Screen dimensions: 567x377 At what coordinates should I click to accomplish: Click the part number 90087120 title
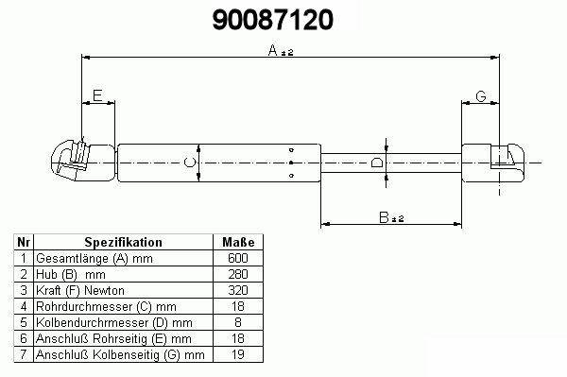coord(272,20)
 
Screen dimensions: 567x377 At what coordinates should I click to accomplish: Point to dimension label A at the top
coord(273,50)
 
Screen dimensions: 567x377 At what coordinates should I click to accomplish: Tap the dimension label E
coord(97,95)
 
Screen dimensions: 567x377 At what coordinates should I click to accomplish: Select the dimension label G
coord(481,96)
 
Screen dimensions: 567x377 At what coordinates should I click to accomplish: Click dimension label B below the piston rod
coord(384,217)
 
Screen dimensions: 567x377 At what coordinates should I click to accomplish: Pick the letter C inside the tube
coord(190,163)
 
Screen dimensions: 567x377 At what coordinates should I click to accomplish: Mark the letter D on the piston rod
coord(377,163)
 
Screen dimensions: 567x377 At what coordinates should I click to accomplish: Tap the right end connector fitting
coord(493,163)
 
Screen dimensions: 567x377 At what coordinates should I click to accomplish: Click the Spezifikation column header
coord(123,242)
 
